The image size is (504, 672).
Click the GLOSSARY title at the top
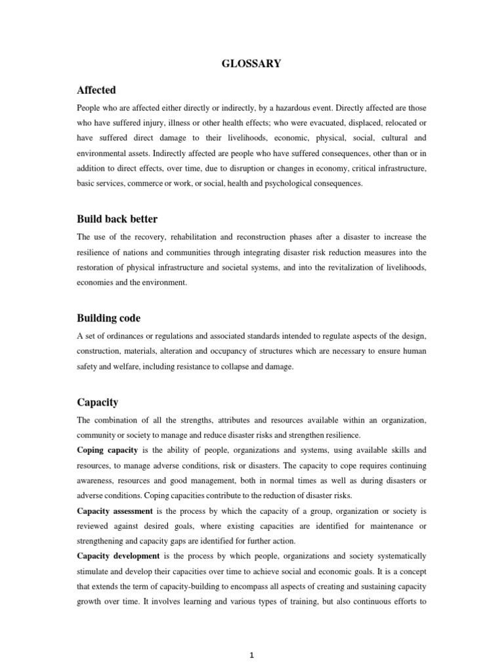(x=251, y=64)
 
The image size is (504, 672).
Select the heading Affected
(x=96, y=90)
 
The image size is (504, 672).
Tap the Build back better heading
(x=117, y=219)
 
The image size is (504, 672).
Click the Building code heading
(x=108, y=318)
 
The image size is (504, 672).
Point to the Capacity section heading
(x=97, y=402)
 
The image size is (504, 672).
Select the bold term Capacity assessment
(x=115, y=511)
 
